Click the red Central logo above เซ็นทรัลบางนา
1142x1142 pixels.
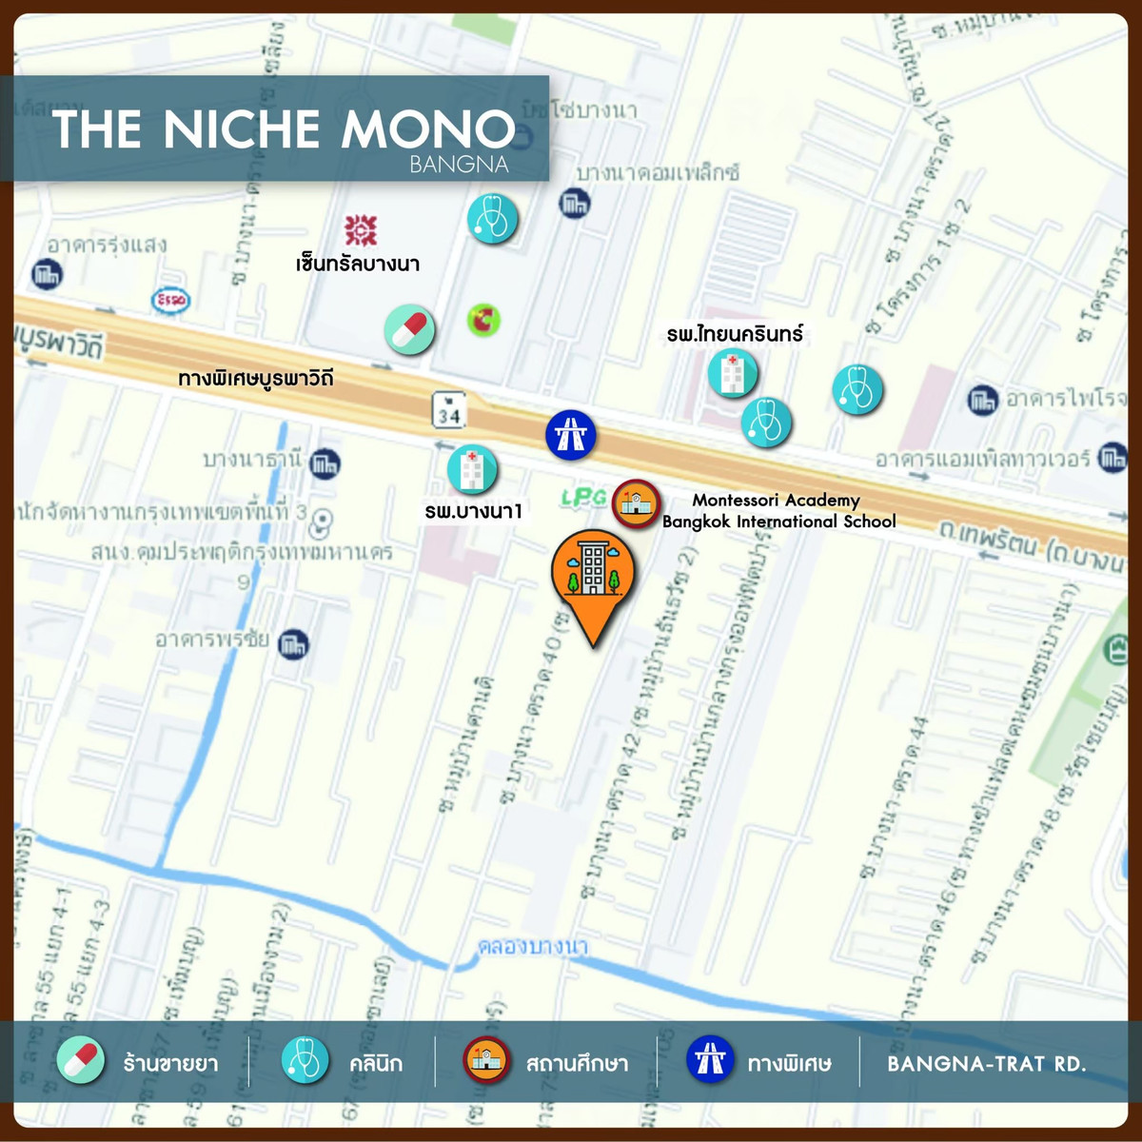[x=361, y=229]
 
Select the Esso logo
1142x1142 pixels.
[x=171, y=301]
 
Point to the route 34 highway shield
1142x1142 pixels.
[x=448, y=410]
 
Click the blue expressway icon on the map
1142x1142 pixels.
[x=570, y=434]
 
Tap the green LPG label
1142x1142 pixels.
[x=583, y=497]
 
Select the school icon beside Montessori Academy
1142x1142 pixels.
[x=636, y=504]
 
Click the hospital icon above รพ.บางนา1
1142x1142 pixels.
[x=472, y=469]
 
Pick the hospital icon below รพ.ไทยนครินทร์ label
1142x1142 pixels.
[x=732, y=372]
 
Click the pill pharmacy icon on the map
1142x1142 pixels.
[x=409, y=330]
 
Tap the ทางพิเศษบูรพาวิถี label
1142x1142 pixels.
[x=256, y=378]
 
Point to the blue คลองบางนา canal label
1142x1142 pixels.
[x=533, y=946]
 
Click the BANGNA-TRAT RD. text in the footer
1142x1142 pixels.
[x=986, y=1063]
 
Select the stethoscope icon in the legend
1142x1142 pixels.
[x=305, y=1059]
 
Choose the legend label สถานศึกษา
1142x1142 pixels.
[x=577, y=1063]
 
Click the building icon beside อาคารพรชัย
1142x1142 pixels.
[x=293, y=644]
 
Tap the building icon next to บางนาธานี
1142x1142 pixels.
[x=325, y=463]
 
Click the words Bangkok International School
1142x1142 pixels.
[x=778, y=522]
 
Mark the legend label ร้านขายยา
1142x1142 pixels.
[x=170, y=1063]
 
